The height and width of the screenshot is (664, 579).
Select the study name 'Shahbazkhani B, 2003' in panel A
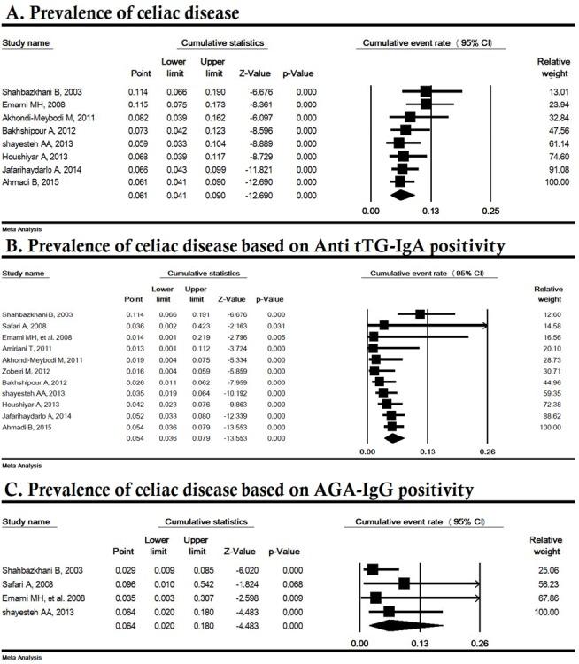tap(50, 90)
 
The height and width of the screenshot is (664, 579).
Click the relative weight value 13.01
tap(550, 90)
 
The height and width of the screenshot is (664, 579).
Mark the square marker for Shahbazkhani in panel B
tap(420, 313)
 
